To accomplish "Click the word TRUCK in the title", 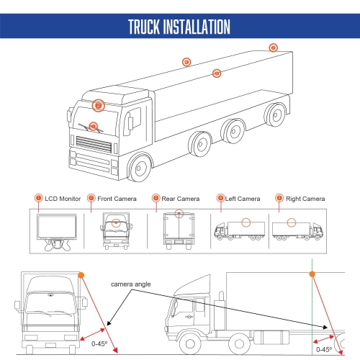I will (x=148, y=27).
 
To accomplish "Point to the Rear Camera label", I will (x=180, y=198).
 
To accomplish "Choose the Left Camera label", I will (x=243, y=198).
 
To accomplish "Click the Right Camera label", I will (x=305, y=198).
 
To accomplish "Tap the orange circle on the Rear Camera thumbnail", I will (x=179, y=213).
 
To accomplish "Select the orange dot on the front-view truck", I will (x=81, y=275).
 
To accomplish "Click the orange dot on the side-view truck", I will (x=312, y=274).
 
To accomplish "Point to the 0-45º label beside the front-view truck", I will (x=102, y=344).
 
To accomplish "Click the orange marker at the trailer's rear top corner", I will (x=273, y=48).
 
